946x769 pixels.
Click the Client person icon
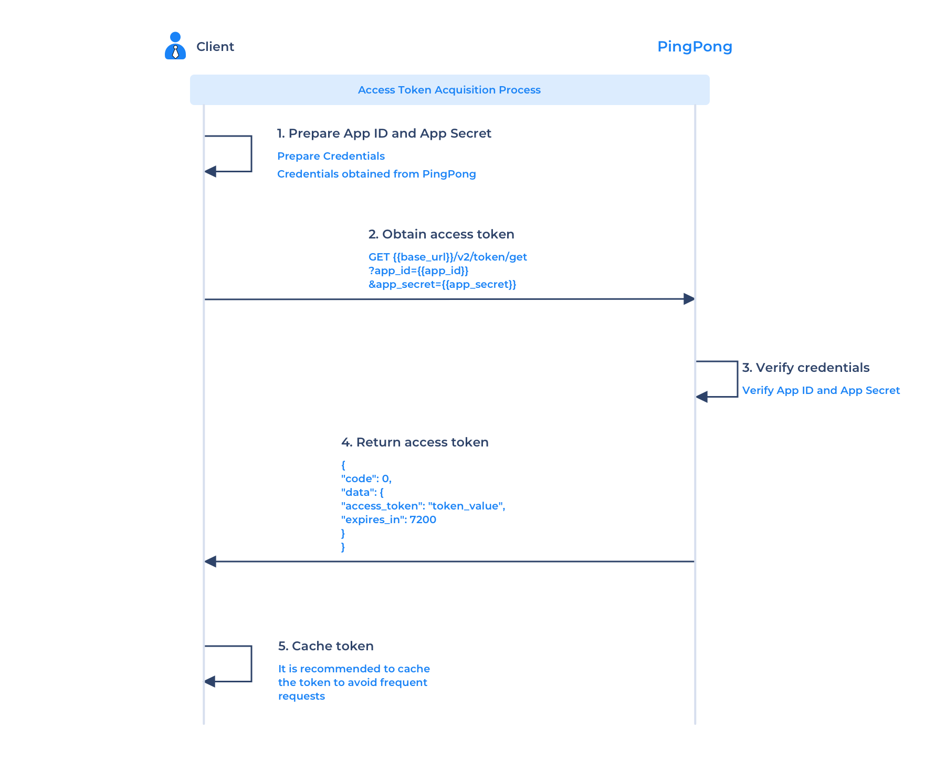[x=175, y=46]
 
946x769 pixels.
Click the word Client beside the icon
[x=215, y=47]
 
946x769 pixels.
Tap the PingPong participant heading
[x=695, y=47]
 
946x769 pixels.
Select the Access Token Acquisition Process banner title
[x=449, y=90]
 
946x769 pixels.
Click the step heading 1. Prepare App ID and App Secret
[x=384, y=133]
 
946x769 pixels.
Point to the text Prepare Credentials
[x=331, y=156]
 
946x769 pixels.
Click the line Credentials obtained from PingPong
[x=376, y=174]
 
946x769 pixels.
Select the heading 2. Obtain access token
[x=442, y=234]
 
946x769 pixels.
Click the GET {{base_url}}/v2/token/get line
[x=448, y=257]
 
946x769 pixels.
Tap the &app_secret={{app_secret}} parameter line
[x=443, y=284]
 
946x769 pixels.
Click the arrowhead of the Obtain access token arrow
[x=689, y=299]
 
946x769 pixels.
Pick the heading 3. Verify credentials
[x=806, y=368]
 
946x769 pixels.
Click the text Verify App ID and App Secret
[x=821, y=390]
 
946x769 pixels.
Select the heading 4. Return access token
[x=415, y=442]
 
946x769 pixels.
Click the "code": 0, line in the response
[x=366, y=479]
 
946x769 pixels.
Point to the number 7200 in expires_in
[x=423, y=519]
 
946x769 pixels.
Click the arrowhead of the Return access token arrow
[x=211, y=562]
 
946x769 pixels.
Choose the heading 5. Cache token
[x=326, y=646]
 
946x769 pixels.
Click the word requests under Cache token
[x=301, y=697]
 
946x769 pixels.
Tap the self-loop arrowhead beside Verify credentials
[x=702, y=397]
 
